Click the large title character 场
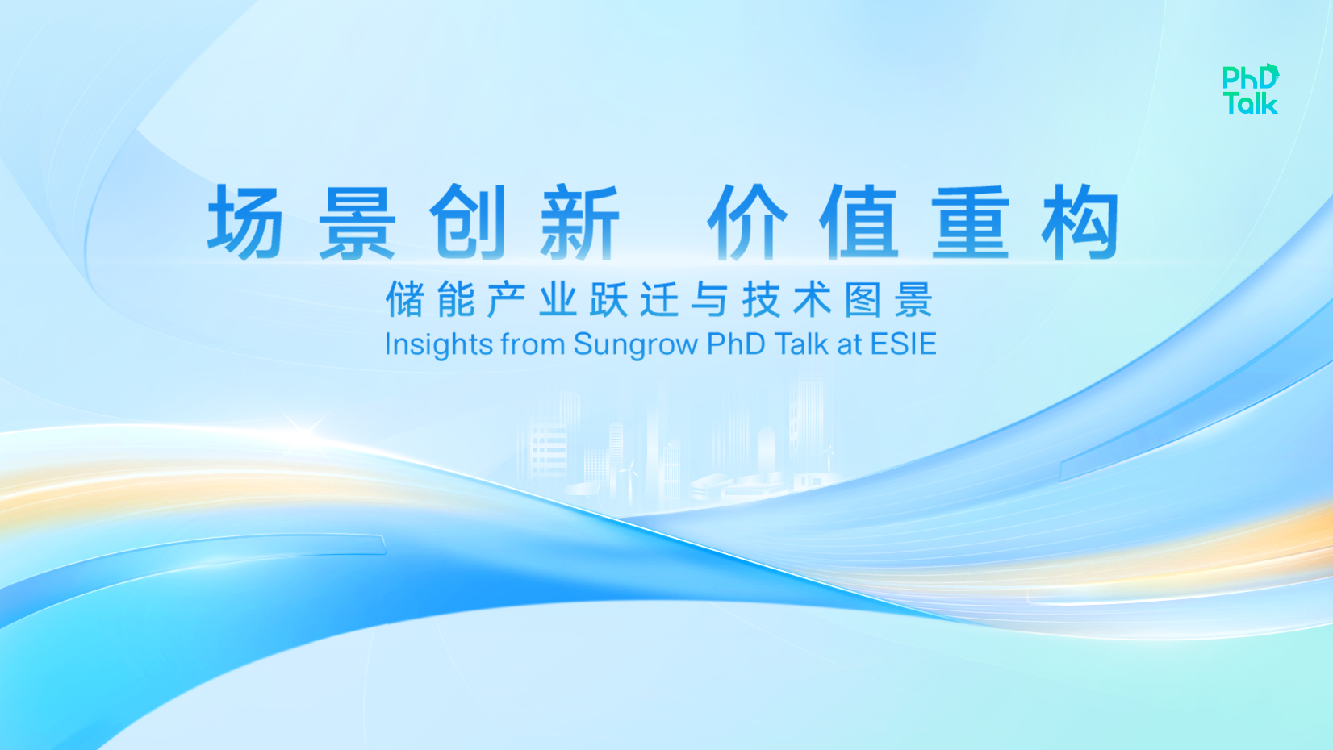[244, 222]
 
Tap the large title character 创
[468, 222]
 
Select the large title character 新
[579, 222]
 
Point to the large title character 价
[747, 222]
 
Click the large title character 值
[859, 222]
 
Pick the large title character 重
[970, 222]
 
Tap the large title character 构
[1080, 222]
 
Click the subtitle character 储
[405, 299]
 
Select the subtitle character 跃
[608, 299]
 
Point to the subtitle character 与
[710, 299]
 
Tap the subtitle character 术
[813, 299]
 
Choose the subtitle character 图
[863, 299]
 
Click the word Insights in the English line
[439, 345]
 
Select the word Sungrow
[636, 345]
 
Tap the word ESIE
[904, 344]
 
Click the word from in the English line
[533, 344]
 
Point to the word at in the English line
[849, 344]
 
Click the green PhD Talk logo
[1250, 89]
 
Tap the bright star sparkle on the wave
[305, 433]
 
